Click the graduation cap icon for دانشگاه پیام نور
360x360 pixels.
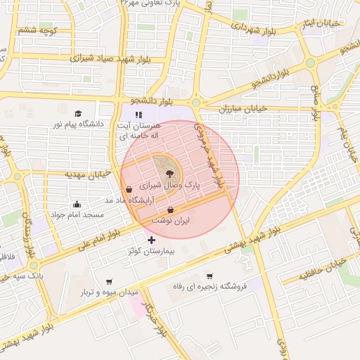click(x=78, y=113)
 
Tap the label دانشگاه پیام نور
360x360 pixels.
click(x=78, y=124)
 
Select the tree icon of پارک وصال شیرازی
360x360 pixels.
click(x=169, y=174)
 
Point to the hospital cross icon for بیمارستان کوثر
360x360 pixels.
click(x=151, y=240)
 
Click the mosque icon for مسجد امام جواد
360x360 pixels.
click(x=77, y=204)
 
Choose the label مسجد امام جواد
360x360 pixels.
click(x=77, y=214)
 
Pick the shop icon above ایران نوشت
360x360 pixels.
click(x=171, y=210)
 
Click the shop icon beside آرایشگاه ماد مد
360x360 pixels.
click(x=128, y=188)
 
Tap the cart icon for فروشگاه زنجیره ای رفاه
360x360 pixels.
click(x=210, y=276)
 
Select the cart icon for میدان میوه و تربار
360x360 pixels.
click(x=108, y=281)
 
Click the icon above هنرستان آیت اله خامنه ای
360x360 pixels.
click(x=139, y=114)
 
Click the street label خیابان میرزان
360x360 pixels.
click(x=243, y=109)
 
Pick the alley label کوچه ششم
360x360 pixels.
click(x=37, y=30)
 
